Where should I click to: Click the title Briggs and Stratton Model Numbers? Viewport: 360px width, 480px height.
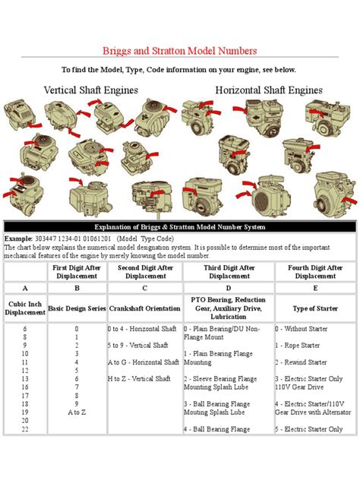click(x=179, y=51)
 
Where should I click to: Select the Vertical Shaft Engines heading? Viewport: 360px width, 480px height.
click(x=90, y=90)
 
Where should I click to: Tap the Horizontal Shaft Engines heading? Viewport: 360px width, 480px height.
click(x=269, y=90)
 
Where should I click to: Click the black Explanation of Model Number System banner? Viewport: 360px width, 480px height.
click(x=179, y=226)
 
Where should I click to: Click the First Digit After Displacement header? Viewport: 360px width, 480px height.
click(x=77, y=271)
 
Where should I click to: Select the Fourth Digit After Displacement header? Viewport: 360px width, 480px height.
click(x=314, y=271)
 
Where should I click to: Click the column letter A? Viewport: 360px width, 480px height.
click(x=25, y=288)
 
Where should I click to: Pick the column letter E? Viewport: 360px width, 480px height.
click(x=314, y=288)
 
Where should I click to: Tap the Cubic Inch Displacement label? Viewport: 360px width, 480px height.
click(x=25, y=308)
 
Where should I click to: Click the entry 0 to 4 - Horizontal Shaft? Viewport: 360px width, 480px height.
click(x=143, y=329)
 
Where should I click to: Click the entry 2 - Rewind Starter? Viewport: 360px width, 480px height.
click(x=305, y=362)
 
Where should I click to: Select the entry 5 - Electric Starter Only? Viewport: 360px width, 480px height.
click(x=313, y=429)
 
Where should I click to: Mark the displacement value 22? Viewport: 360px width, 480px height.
click(x=25, y=429)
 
